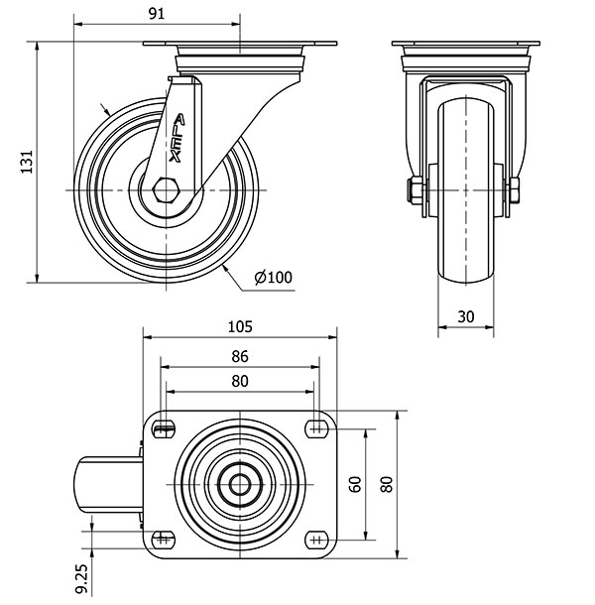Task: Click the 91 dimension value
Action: click(x=157, y=14)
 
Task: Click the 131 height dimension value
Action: click(x=27, y=161)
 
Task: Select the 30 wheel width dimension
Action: click(x=466, y=316)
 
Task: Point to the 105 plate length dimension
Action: click(x=241, y=325)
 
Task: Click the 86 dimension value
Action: click(x=239, y=356)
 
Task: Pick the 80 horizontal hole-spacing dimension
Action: click(x=239, y=381)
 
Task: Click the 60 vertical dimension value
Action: click(x=355, y=484)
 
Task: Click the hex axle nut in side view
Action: click(x=168, y=188)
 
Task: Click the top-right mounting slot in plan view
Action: click(x=317, y=428)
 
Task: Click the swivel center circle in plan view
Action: click(x=241, y=484)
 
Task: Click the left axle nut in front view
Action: click(x=412, y=188)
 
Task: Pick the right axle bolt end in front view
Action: click(x=517, y=188)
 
